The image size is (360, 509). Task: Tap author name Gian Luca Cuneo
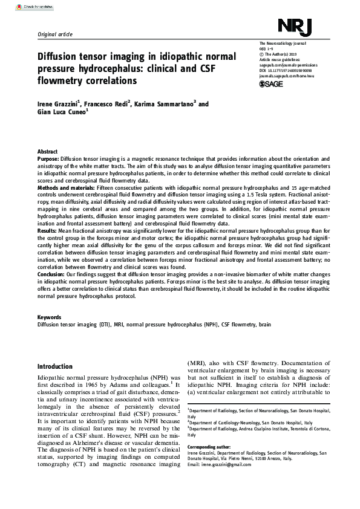tap(62, 113)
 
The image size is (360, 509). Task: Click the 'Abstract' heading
tap(47, 152)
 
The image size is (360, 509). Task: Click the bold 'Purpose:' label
tap(50, 158)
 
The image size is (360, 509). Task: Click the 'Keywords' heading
tap(49, 317)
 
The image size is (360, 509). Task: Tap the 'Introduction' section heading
tap(55, 367)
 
